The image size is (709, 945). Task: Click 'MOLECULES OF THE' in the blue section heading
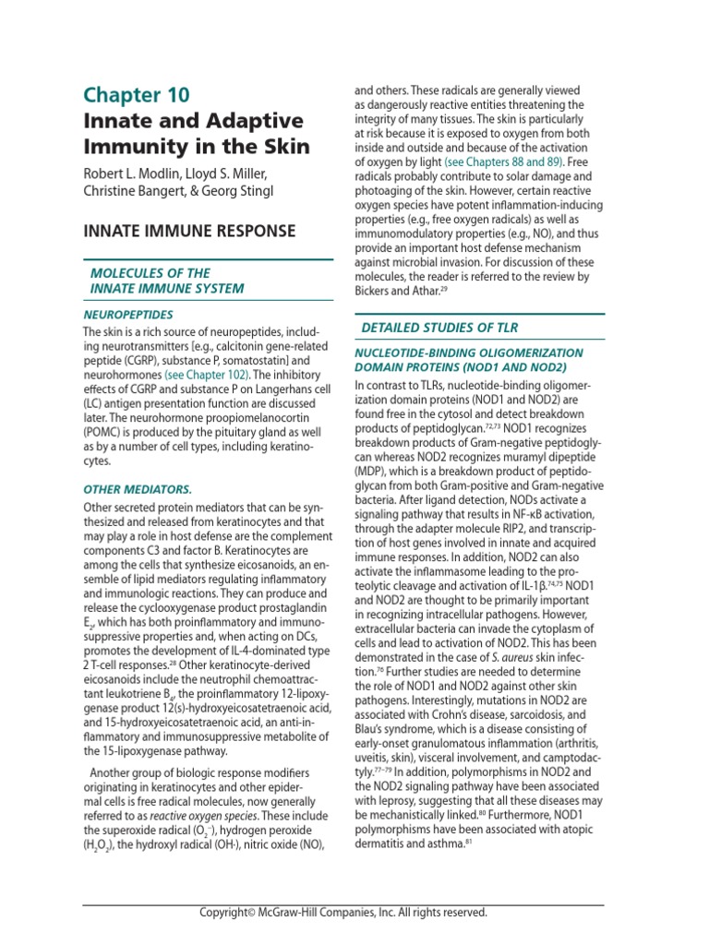[150, 273]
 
